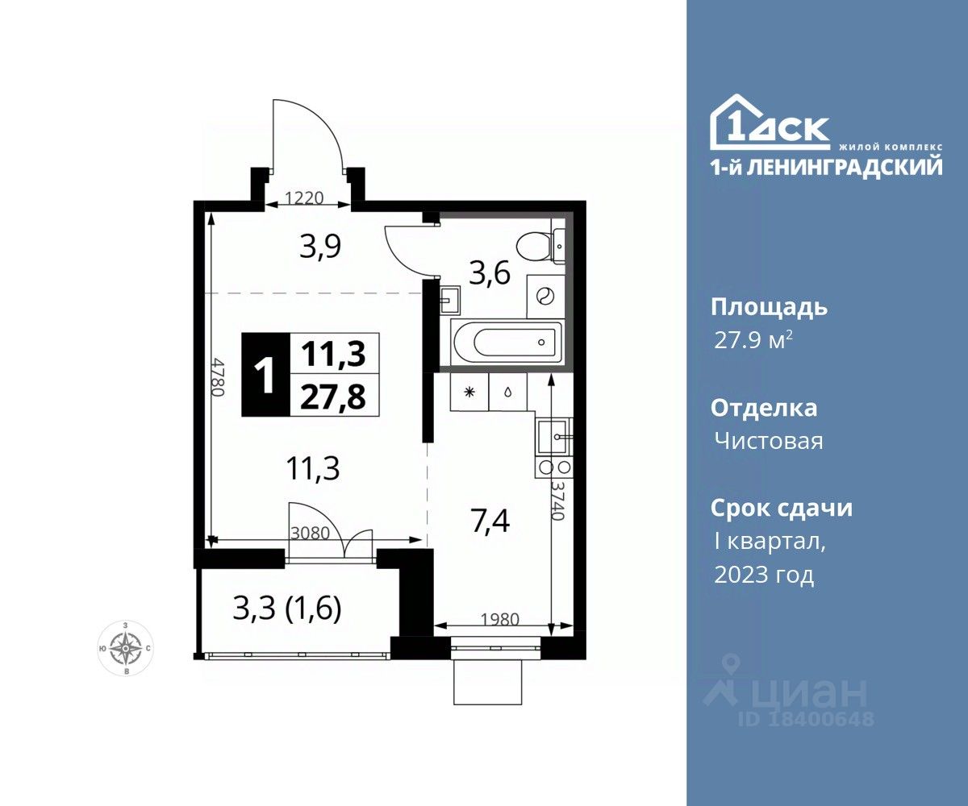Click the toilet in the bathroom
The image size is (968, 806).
click(540, 247)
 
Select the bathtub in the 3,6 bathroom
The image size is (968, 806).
click(508, 342)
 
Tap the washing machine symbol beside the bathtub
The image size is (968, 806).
click(545, 295)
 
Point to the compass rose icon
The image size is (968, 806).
click(126, 647)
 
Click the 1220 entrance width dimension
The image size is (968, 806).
click(304, 198)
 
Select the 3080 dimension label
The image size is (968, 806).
click(310, 534)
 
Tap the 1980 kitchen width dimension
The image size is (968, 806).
click(499, 619)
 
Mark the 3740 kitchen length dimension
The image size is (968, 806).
click(559, 500)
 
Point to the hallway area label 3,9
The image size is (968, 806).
click(320, 247)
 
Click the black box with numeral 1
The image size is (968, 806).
click(265, 374)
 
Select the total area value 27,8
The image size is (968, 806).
click(333, 397)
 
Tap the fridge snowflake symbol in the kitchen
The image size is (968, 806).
click(470, 392)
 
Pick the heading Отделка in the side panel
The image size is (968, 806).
click(764, 409)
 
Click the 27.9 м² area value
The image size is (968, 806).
click(753, 341)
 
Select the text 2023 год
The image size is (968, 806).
click(764, 575)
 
